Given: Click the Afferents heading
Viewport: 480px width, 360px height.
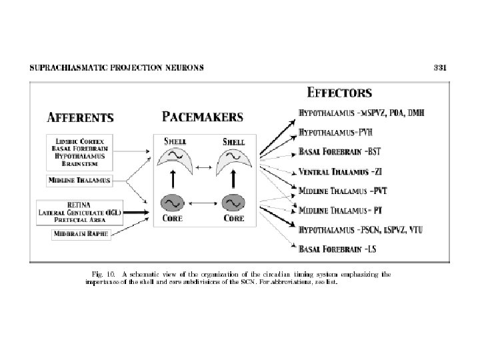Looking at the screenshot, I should (80, 118).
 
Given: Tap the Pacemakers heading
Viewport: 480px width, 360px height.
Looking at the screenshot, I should (203, 117).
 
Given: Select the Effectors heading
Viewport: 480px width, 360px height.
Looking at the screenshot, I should (339, 93).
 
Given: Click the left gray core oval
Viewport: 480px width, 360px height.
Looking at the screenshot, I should (172, 202).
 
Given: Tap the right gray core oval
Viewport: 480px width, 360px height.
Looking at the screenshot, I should (233, 202).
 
